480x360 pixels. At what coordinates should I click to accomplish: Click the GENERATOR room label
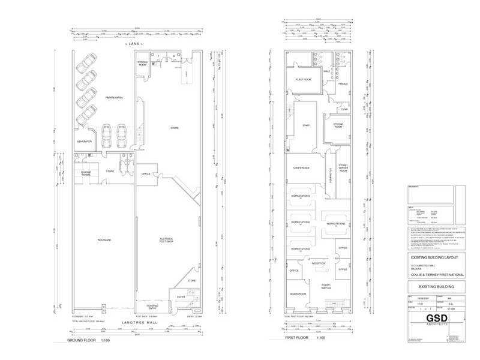click(83, 141)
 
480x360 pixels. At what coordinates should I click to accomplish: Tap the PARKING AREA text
click(115, 97)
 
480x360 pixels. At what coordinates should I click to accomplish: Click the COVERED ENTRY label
click(147, 306)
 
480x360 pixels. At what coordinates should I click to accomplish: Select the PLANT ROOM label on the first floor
click(302, 79)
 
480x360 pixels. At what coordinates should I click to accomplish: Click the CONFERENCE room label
click(301, 168)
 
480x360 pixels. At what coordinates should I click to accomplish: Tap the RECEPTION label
click(318, 263)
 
